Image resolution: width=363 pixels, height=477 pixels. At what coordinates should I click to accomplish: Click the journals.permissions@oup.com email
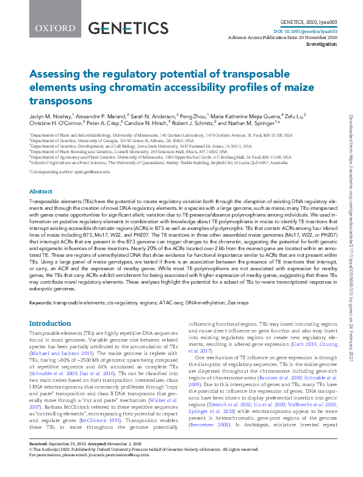(117, 471)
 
